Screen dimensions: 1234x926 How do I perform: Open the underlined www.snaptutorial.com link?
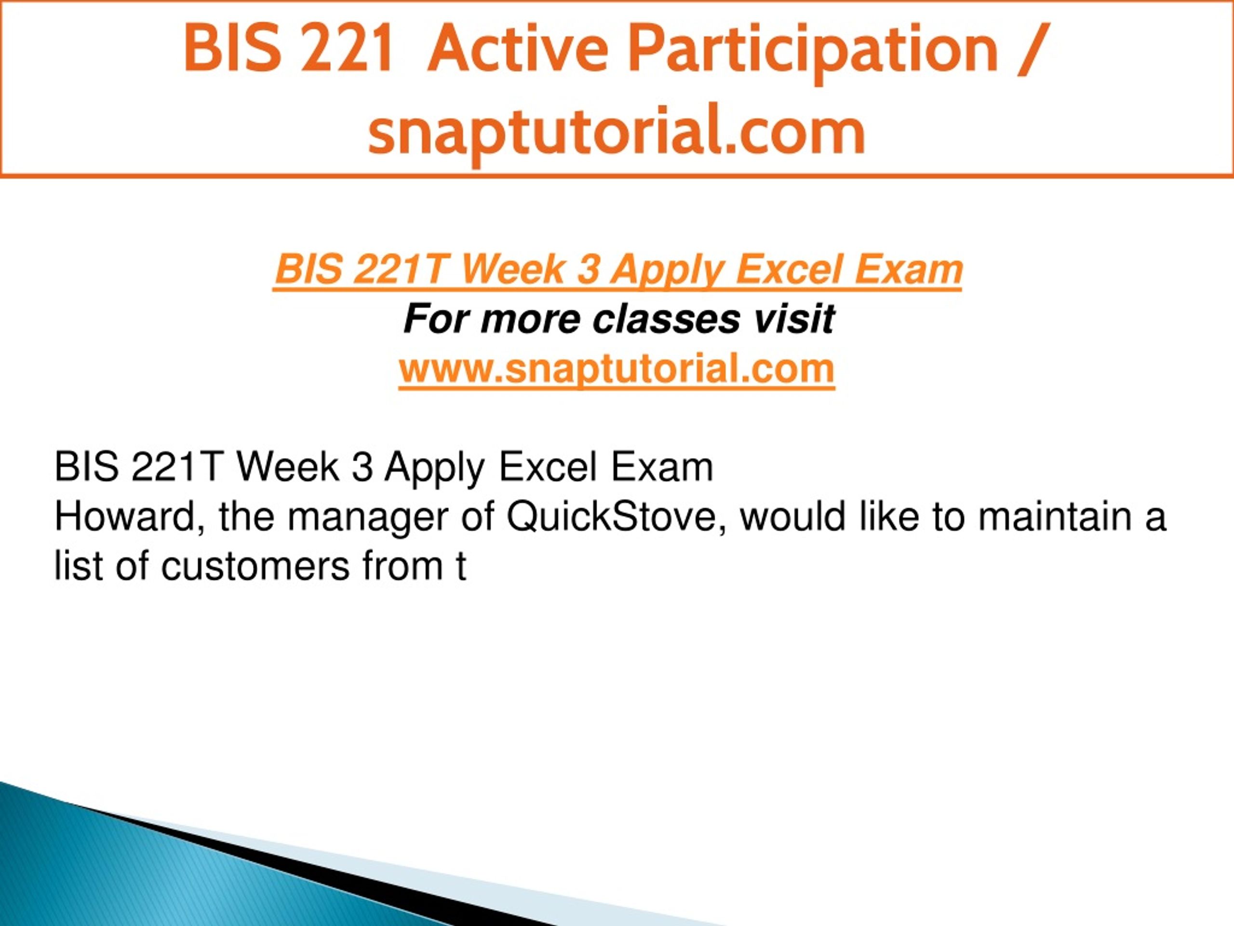pos(617,369)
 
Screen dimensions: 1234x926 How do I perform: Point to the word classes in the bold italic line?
pos(666,319)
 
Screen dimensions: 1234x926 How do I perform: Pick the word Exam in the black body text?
pos(662,467)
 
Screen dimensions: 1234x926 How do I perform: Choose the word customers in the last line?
pos(255,567)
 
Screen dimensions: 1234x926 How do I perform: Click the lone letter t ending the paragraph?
pos(460,567)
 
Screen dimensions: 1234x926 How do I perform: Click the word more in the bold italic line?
pos(530,320)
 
